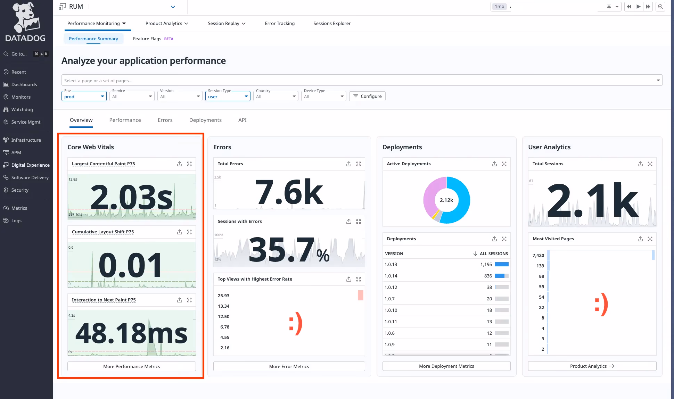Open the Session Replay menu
(x=227, y=23)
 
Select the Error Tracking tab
(x=280, y=23)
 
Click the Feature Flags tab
(x=147, y=39)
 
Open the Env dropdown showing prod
(x=84, y=97)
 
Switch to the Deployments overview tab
(x=205, y=120)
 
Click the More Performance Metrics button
(x=131, y=366)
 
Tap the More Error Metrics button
(x=289, y=366)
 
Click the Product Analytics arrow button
(x=592, y=366)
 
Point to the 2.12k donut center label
(x=446, y=200)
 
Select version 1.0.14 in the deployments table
(x=391, y=276)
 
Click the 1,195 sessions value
(x=486, y=264)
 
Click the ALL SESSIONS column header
(x=493, y=253)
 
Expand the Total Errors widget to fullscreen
(x=359, y=164)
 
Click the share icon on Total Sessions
(x=640, y=164)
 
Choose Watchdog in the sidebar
(x=22, y=109)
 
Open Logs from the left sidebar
(x=16, y=221)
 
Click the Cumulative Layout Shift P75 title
(x=103, y=232)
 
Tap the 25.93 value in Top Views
(x=223, y=296)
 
